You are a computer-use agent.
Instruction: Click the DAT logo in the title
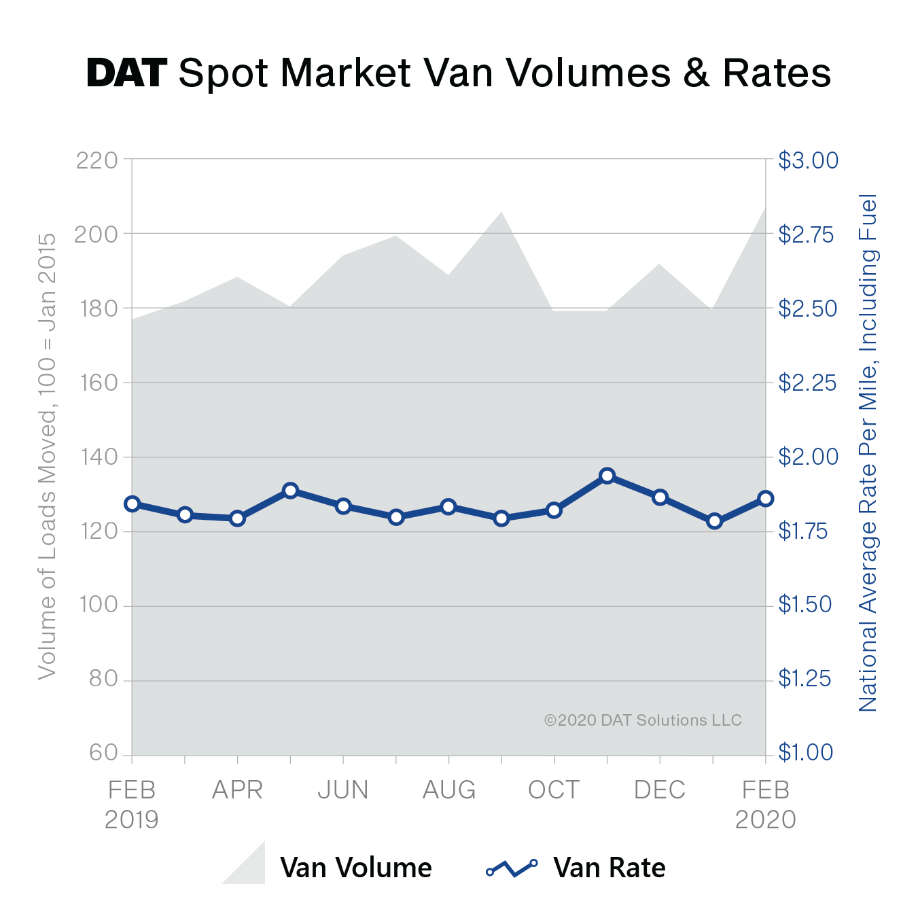pyautogui.click(x=126, y=73)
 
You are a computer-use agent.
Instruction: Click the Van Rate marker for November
pyautogui.click(x=607, y=476)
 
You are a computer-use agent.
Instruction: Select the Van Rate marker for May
pyautogui.click(x=290, y=491)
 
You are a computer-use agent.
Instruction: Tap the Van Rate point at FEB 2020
pyautogui.click(x=766, y=499)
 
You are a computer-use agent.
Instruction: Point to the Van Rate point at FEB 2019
pyautogui.click(x=133, y=504)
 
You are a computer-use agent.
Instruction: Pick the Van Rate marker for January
pyautogui.click(x=713, y=521)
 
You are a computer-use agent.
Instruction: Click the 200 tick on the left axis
pyautogui.click(x=96, y=234)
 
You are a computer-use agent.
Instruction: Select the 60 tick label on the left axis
pyautogui.click(x=103, y=753)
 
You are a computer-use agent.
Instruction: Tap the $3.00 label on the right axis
pyautogui.click(x=808, y=161)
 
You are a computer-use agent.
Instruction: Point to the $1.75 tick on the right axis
pyautogui.click(x=803, y=531)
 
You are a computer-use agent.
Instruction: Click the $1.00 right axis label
pyautogui.click(x=805, y=752)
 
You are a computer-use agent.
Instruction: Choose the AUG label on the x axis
pyautogui.click(x=449, y=790)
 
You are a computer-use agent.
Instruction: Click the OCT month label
pyautogui.click(x=554, y=790)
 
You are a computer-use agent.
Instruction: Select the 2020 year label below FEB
pyautogui.click(x=766, y=819)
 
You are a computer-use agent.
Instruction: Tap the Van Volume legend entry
pyautogui.click(x=355, y=868)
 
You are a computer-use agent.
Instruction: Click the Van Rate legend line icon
pyautogui.click(x=512, y=868)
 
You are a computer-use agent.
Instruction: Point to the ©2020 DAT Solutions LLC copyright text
pyautogui.click(x=643, y=720)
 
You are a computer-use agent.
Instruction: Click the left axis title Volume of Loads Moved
pyautogui.click(x=47, y=456)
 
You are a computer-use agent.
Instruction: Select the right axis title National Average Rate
pyautogui.click(x=868, y=453)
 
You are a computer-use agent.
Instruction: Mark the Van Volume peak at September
pyautogui.click(x=501, y=212)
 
